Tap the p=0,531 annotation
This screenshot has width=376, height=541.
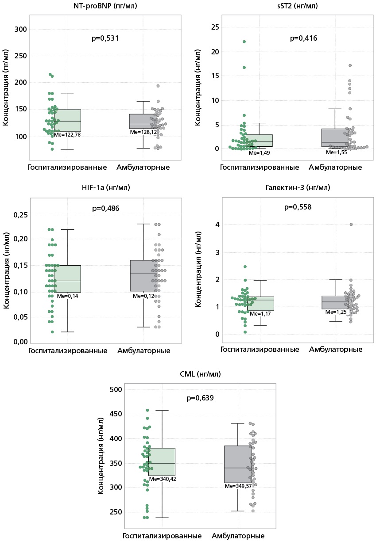105,38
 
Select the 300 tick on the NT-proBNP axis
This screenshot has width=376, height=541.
21,30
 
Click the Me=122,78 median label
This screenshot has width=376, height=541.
67,134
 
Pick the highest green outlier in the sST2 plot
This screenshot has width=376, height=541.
244,42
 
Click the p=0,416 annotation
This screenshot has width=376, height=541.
303,38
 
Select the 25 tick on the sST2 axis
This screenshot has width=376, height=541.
214,27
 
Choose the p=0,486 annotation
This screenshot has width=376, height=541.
105,208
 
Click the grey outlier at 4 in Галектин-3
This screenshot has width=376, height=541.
351,225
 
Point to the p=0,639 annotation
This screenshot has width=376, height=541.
200,398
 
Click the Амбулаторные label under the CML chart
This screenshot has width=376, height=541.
238,536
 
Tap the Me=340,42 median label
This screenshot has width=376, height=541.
163,479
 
